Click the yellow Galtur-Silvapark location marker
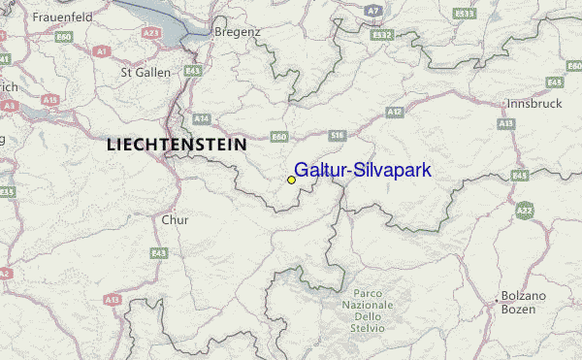tap(291, 180)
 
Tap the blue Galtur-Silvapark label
tap(363, 170)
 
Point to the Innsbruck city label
tap(534, 103)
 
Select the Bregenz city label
tap(238, 32)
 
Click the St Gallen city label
tap(145, 72)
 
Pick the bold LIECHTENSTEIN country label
tap(176, 144)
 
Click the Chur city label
tap(175, 219)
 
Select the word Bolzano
tap(524, 295)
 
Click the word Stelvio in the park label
tap(368, 329)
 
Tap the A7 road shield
tap(373, 10)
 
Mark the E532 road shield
tap(381, 35)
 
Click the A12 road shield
tap(395, 113)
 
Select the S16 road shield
tap(338, 135)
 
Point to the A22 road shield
tap(525, 210)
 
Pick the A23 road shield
tap(150, 32)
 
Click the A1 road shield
tap(101, 49)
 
